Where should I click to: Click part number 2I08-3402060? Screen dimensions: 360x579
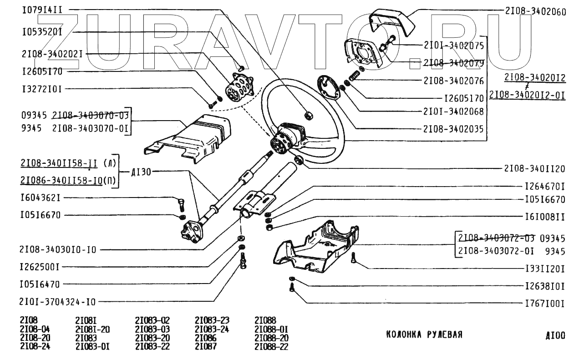pos(535,11)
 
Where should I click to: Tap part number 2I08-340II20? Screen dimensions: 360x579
pos(534,169)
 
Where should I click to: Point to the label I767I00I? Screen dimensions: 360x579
pos(544,303)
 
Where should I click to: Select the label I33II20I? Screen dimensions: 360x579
pos(544,269)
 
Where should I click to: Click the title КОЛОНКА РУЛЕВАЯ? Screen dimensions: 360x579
pos(424,335)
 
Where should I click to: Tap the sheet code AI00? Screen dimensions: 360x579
pos(555,336)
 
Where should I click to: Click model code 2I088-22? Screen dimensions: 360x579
pos(271,346)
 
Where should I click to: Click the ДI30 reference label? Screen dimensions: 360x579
pos(141,172)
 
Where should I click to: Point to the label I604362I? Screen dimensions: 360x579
pos(41,198)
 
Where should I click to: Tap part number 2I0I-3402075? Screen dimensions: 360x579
pos(453,46)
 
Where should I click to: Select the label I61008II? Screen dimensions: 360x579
pos(544,217)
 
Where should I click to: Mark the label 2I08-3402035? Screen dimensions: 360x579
pos(453,129)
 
